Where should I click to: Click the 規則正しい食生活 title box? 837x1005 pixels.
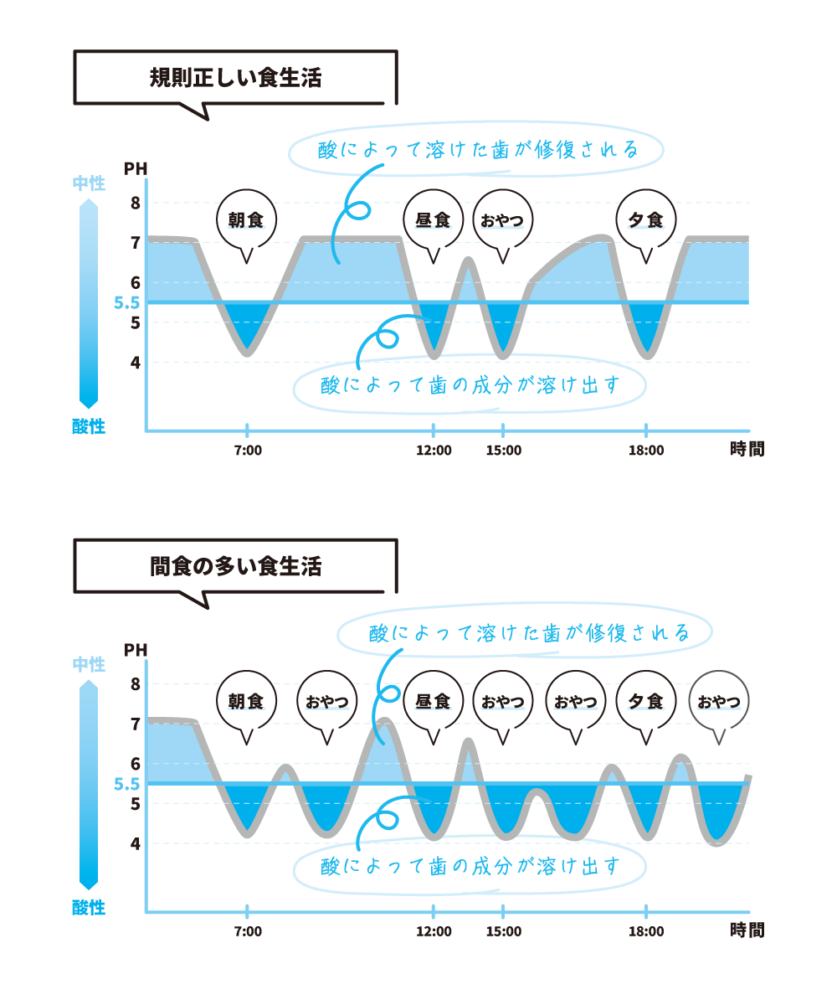pos(235,78)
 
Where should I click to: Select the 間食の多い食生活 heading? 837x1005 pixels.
pos(235,566)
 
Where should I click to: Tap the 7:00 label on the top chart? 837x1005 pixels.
pos(248,451)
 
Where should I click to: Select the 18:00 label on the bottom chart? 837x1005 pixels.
pos(646,931)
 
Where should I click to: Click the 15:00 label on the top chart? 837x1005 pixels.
pos(504,451)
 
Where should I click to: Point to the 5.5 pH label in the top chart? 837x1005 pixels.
pos(126,302)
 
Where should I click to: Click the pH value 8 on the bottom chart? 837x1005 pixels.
pos(136,684)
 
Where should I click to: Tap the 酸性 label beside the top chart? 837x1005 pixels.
pos(89,426)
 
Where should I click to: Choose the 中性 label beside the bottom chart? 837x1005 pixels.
pos(89,664)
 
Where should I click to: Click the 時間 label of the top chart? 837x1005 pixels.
pos(747,449)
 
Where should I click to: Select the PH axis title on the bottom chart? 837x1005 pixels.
pos(136,650)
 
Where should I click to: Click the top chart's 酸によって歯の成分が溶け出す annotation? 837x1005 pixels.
pos(470,385)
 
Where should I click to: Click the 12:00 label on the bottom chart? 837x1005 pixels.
pos(434,931)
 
